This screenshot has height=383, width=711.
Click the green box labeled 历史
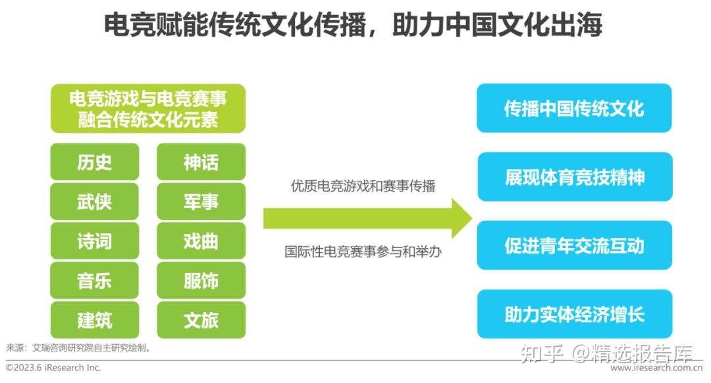click(x=94, y=162)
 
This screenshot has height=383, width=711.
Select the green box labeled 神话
click(x=201, y=162)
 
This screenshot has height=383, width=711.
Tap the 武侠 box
click(x=94, y=201)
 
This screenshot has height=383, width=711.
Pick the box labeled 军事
click(x=201, y=201)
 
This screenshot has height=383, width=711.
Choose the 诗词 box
click(x=94, y=241)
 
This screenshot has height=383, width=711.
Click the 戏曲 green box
click(x=201, y=241)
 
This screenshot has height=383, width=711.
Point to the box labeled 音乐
click(x=94, y=280)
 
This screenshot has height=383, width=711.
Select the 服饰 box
click(x=201, y=280)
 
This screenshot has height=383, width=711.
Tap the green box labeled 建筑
click(x=94, y=320)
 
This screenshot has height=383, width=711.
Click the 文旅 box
click(x=201, y=320)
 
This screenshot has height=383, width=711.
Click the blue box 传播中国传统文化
click(x=574, y=108)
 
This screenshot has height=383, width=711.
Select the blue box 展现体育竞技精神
click(x=575, y=177)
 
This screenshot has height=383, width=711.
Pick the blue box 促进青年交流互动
click(x=575, y=245)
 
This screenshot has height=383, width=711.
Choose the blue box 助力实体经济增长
click(x=575, y=314)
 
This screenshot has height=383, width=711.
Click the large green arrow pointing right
click(x=367, y=218)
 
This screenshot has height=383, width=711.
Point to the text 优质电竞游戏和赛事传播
click(x=363, y=186)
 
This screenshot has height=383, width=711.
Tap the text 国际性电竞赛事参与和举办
click(x=363, y=251)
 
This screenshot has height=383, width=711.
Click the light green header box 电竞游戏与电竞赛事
click(x=148, y=109)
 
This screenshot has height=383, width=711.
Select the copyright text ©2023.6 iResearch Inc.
click(x=53, y=368)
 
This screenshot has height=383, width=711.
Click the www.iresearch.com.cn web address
click(x=656, y=368)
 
